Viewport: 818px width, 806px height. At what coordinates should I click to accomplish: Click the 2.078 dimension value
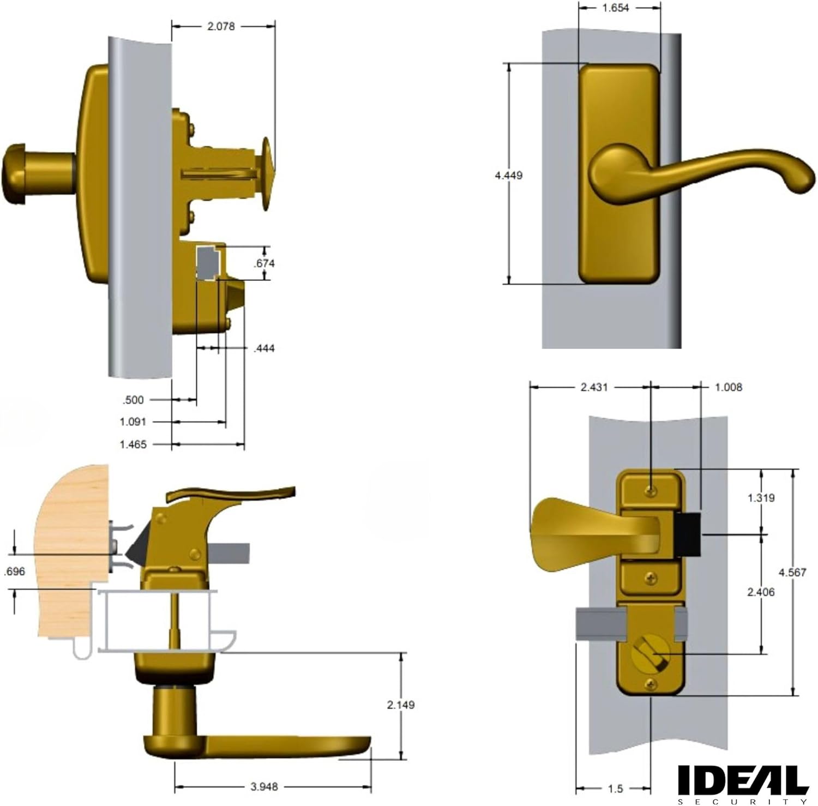click(221, 26)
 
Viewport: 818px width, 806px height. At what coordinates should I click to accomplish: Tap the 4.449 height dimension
click(508, 175)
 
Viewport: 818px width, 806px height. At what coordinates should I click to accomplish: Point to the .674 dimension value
click(264, 263)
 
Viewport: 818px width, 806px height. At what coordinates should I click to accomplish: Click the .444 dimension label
click(264, 348)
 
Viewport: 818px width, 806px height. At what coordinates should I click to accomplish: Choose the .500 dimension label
click(133, 400)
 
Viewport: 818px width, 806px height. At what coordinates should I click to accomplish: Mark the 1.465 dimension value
click(133, 444)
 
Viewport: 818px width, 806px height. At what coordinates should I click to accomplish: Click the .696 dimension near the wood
click(14, 572)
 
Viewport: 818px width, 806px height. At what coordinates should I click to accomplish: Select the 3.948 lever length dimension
click(264, 786)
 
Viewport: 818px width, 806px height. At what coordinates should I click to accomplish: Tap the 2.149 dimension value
click(401, 705)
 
